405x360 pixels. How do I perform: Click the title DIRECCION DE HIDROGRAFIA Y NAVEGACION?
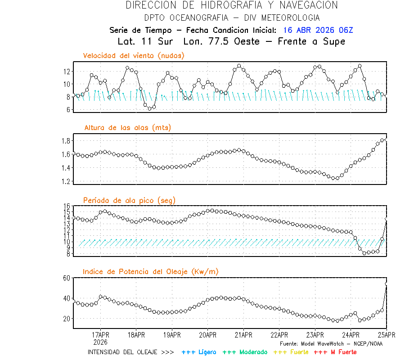[x=232, y=5]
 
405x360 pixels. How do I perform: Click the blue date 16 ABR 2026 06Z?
[x=318, y=30]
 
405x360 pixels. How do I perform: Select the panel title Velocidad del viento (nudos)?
[x=134, y=56]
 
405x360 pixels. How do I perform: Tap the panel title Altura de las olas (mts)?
[x=128, y=128]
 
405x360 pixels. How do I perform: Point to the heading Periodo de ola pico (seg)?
[x=129, y=200]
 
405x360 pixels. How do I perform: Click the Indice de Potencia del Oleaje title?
[x=151, y=272]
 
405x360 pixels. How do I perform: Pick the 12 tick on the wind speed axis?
[x=67, y=72]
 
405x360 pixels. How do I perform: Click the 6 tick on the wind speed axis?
[x=68, y=109]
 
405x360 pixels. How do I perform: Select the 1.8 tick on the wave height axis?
[x=65, y=141]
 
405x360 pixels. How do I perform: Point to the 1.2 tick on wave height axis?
[x=65, y=181]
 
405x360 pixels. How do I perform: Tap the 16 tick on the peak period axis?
[x=67, y=206]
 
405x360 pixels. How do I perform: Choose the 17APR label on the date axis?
[x=100, y=335]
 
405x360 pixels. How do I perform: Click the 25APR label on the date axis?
[x=387, y=335]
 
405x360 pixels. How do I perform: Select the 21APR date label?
[x=243, y=335]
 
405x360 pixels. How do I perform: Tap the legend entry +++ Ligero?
[x=199, y=352]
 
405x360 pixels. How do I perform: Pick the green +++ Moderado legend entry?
[x=245, y=352]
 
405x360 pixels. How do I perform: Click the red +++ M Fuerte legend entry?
[x=335, y=352]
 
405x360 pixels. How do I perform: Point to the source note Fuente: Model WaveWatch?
[x=331, y=344]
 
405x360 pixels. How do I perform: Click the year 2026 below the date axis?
[x=100, y=342]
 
